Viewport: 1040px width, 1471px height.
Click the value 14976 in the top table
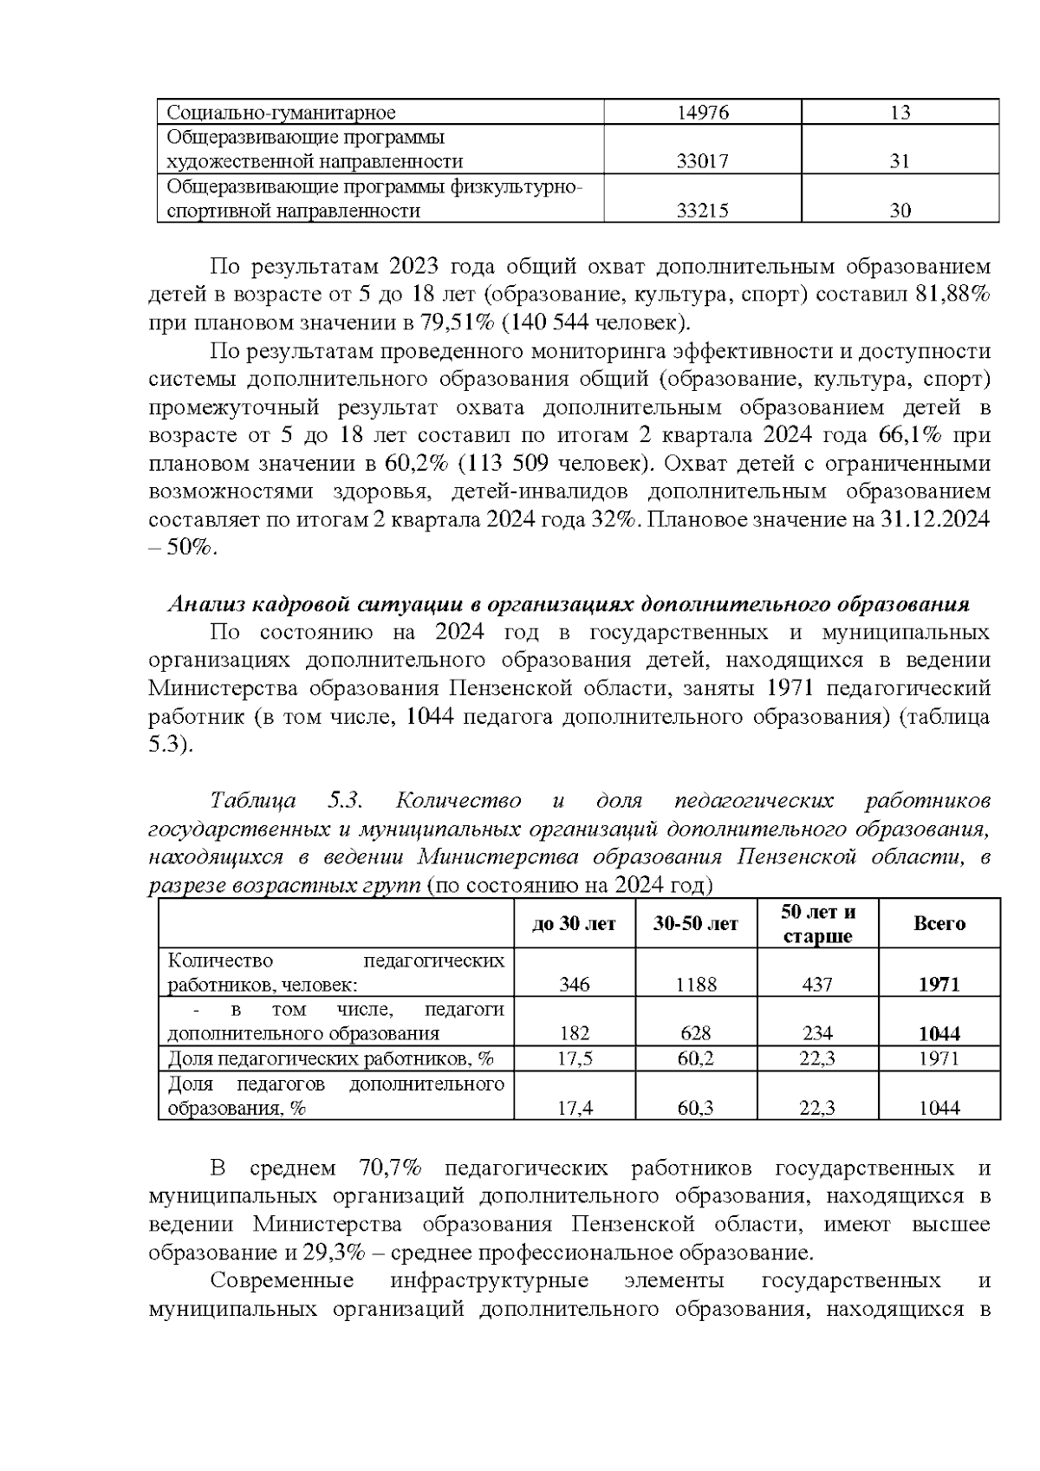coord(702,113)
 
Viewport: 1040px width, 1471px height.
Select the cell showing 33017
coord(702,161)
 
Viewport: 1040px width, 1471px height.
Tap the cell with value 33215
coord(702,211)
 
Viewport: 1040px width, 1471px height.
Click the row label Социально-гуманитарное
coord(281,113)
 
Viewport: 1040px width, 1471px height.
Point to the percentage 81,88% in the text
coord(952,294)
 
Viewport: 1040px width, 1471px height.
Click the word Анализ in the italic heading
coord(198,604)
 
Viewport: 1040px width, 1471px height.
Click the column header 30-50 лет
coord(696,924)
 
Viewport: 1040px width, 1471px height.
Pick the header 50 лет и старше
coord(817,924)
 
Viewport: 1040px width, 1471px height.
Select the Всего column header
coord(939,924)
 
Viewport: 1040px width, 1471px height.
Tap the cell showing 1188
coord(696,985)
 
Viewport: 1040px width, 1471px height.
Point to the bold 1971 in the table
coord(939,985)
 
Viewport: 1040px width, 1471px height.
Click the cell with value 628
coord(696,1034)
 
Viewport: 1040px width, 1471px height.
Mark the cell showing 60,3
coord(696,1108)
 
